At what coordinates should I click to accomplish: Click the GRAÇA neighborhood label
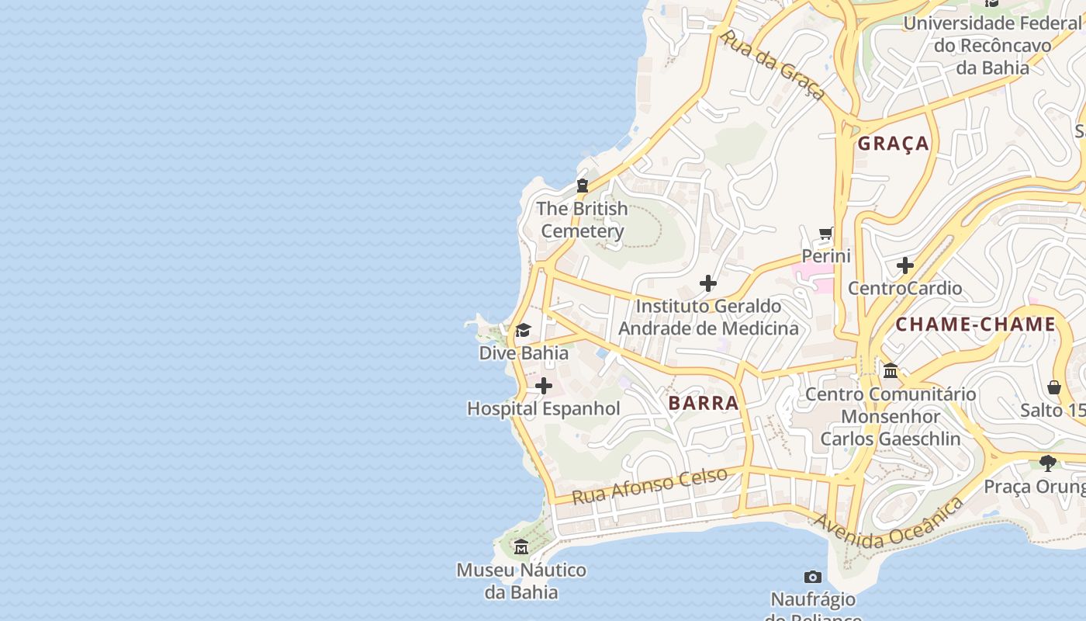[893, 144]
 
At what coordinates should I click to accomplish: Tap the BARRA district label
[703, 403]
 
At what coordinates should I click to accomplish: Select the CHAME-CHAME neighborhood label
[975, 324]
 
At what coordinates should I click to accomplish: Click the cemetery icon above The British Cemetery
[582, 186]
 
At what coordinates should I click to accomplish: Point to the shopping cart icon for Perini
[826, 233]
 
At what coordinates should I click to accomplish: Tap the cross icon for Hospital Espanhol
[544, 386]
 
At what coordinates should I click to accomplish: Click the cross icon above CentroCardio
[904, 265]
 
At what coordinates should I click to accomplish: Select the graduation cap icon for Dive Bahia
[523, 331]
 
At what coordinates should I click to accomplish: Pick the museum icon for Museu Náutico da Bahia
[521, 548]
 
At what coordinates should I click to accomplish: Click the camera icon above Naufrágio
[812, 577]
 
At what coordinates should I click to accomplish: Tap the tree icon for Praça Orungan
[1048, 463]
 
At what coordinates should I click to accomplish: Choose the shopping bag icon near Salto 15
[1053, 387]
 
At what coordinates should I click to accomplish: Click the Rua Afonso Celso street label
[649, 485]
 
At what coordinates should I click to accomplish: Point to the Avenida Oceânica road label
[888, 524]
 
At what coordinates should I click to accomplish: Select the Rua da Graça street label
[773, 65]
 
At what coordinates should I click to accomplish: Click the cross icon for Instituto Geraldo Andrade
[707, 283]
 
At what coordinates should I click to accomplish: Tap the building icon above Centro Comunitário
[890, 371]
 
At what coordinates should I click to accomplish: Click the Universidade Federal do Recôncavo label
[992, 45]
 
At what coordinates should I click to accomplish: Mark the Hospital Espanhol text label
[543, 409]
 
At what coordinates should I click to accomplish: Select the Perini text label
[826, 256]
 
